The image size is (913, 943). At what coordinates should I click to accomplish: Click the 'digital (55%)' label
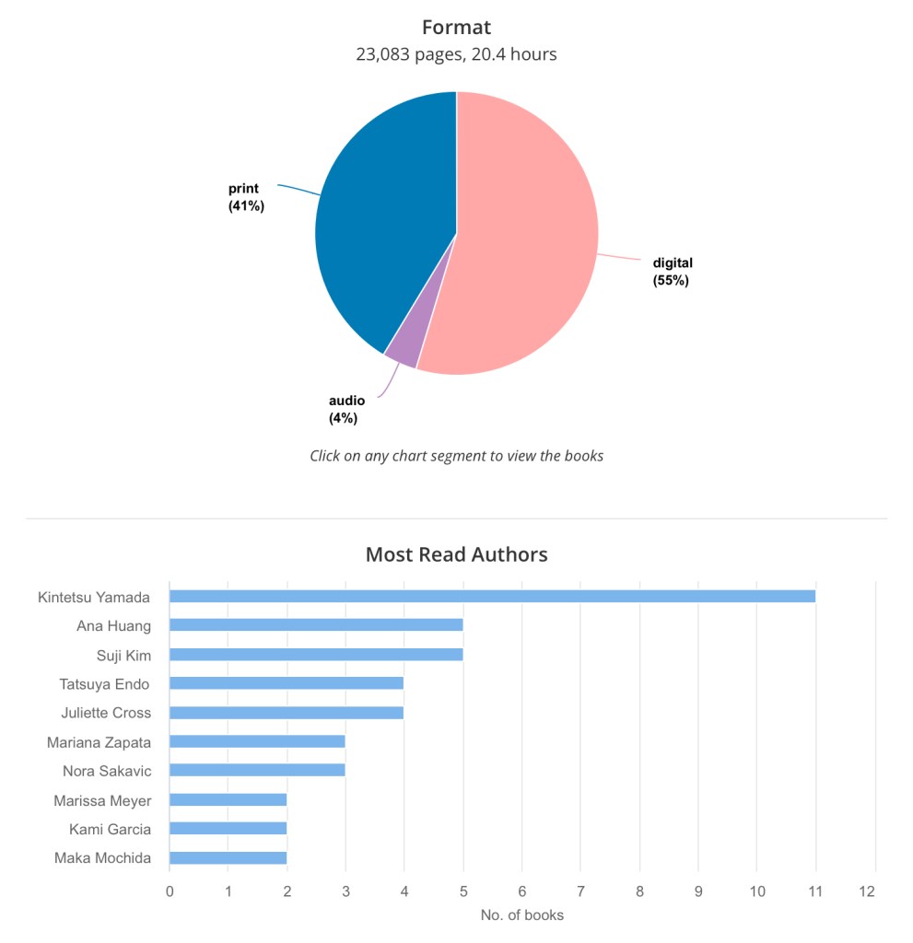click(672, 272)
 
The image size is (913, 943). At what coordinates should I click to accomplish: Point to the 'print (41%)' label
click(246, 197)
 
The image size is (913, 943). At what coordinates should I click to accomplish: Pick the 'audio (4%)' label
click(346, 409)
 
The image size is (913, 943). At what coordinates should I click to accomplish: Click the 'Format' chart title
click(456, 27)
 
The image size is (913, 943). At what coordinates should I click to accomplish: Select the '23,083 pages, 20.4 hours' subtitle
click(456, 54)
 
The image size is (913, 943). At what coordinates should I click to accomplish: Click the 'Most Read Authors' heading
click(456, 554)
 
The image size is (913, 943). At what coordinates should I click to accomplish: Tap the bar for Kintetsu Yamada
click(492, 596)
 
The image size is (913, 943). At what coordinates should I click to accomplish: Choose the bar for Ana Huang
click(316, 625)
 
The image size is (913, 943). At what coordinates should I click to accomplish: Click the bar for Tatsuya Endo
click(287, 683)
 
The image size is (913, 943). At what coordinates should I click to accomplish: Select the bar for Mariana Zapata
click(257, 741)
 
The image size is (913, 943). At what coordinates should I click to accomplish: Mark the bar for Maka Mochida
click(228, 858)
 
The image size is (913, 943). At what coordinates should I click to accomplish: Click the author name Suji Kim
click(123, 655)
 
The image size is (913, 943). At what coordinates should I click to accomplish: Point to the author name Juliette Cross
click(106, 713)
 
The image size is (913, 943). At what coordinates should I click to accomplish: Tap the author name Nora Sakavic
click(107, 771)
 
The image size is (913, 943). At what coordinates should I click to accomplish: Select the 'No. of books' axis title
click(521, 915)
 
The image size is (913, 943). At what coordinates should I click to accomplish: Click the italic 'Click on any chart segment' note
click(456, 456)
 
